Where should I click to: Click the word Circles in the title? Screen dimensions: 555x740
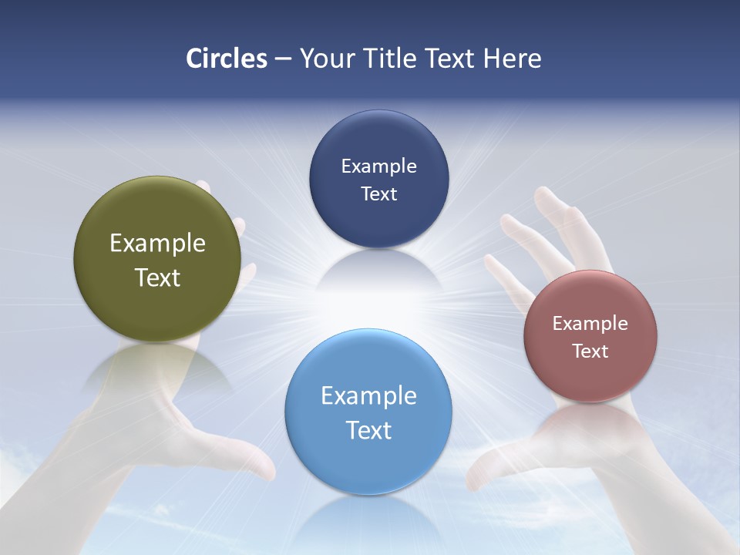coord(227,59)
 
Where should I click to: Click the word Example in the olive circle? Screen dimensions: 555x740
coord(157,244)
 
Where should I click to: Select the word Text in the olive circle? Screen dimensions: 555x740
coord(157,277)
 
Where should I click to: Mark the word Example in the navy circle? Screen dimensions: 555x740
coord(378,166)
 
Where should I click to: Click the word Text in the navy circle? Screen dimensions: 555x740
coord(378,193)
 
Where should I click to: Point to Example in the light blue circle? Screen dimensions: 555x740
coord(368,396)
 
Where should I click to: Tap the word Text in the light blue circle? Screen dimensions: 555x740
coord(368,430)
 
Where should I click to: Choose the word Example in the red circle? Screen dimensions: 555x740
coord(590,324)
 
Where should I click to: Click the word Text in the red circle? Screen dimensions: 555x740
coord(590,351)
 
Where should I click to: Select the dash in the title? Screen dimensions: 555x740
coord(283,59)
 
